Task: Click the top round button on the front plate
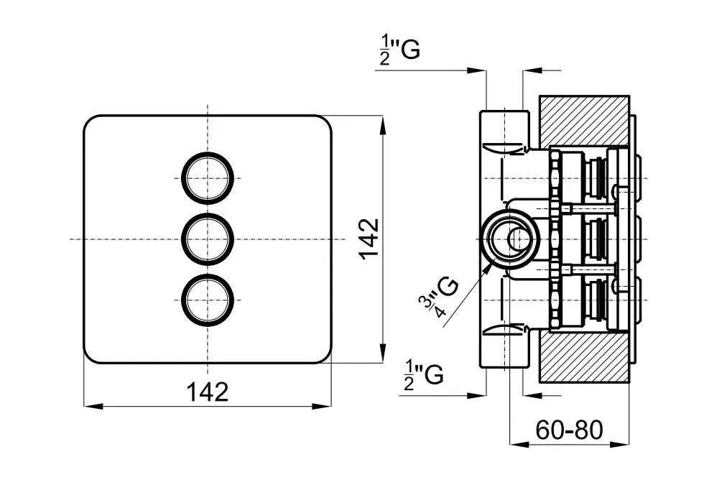tap(208, 177)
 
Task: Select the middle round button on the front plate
tap(208, 238)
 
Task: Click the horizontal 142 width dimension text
tap(208, 392)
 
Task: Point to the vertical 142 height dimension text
tap(369, 238)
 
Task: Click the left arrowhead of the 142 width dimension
tap(90, 406)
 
